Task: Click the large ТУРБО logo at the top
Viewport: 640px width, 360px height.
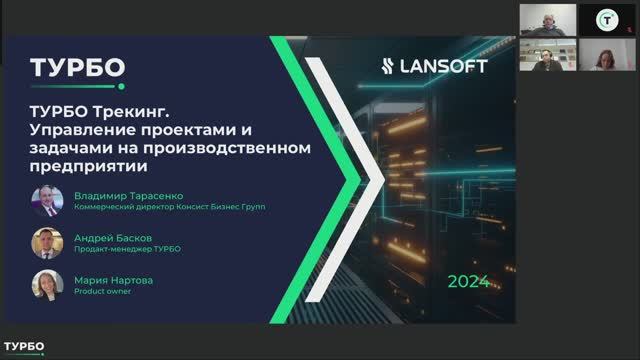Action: point(78,67)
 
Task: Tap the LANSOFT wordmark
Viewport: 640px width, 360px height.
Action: point(449,66)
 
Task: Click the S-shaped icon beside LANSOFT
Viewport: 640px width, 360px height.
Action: point(393,66)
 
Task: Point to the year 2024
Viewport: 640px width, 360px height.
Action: point(469,281)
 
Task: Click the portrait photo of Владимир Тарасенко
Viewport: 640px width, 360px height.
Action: point(47,202)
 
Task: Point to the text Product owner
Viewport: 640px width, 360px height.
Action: point(96,292)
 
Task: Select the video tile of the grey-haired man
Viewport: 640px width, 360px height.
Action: point(547,20)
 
